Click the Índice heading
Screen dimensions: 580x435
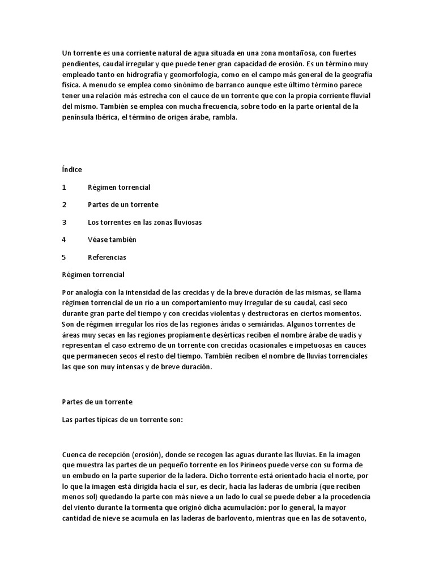click(x=72, y=169)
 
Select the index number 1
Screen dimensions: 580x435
click(x=64, y=187)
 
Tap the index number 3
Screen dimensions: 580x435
click(x=64, y=222)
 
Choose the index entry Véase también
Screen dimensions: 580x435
click(x=112, y=240)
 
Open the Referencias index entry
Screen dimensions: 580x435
click(x=107, y=257)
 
